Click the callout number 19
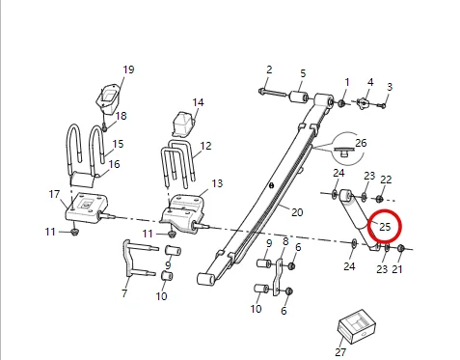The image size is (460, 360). [x=128, y=69]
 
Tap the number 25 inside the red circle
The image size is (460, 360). [x=385, y=227]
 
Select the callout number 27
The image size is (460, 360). [x=339, y=352]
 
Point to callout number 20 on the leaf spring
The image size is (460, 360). [x=297, y=212]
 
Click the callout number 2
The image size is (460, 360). [x=269, y=69]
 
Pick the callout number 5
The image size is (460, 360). [x=302, y=73]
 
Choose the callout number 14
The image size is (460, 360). [x=199, y=102]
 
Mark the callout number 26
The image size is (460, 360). [x=362, y=143]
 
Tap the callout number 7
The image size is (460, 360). [x=123, y=292]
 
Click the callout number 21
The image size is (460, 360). [x=397, y=269]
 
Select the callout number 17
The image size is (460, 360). [x=54, y=194]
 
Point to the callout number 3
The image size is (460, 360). [x=390, y=87]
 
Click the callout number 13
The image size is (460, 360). [x=217, y=183]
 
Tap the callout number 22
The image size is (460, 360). [x=386, y=180]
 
